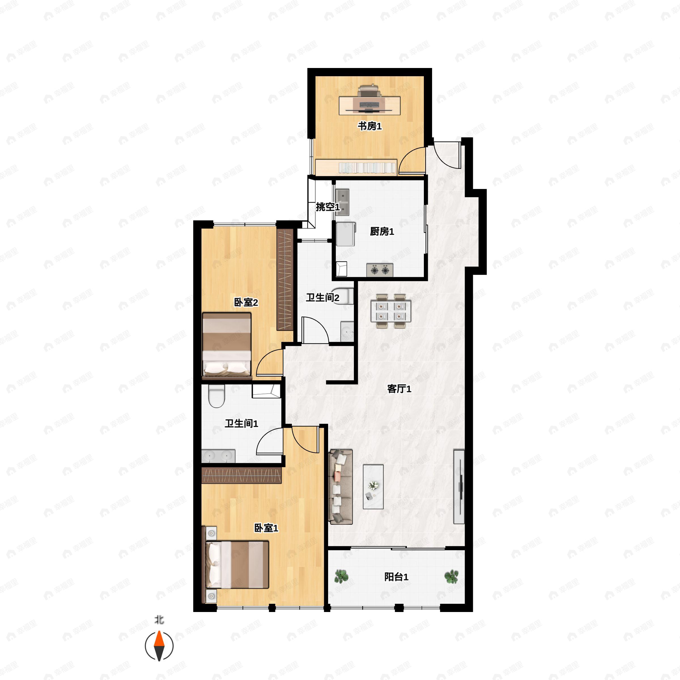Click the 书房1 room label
click(x=369, y=126)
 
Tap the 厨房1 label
click(x=382, y=231)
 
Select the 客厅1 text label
click(x=399, y=389)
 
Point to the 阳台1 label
click(x=396, y=577)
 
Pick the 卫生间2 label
click(x=322, y=298)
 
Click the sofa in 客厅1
click(x=341, y=487)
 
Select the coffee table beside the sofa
click(x=373, y=487)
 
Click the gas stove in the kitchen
click(x=380, y=270)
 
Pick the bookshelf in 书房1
click(x=356, y=167)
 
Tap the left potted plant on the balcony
click(x=341, y=577)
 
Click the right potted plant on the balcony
click(x=451, y=577)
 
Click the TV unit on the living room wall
click(x=459, y=487)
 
